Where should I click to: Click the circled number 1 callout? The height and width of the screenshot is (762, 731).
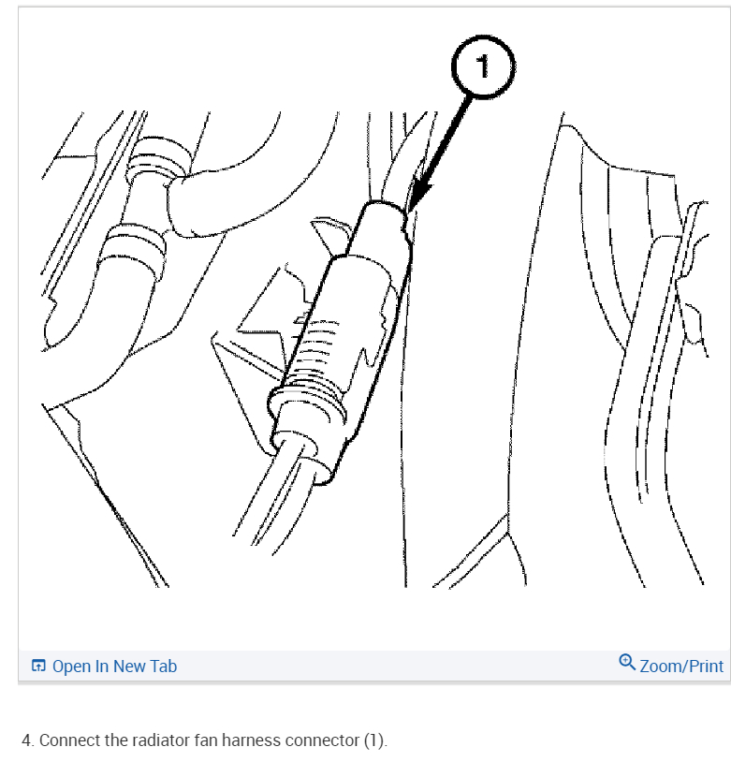tap(483, 66)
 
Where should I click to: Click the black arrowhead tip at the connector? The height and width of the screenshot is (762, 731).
tap(410, 211)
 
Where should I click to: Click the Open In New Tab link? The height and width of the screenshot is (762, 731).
tap(114, 666)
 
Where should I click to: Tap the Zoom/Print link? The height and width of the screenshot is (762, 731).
tap(681, 666)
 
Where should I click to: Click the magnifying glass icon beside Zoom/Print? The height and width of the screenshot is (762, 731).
tap(626, 663)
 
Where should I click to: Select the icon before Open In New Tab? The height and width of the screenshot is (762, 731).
tap(38, 666)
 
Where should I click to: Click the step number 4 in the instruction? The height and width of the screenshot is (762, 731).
tap(27, 740)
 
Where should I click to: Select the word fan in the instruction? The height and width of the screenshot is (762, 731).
tap(206, 740)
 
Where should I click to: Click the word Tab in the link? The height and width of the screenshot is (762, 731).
tap(164, 666)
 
